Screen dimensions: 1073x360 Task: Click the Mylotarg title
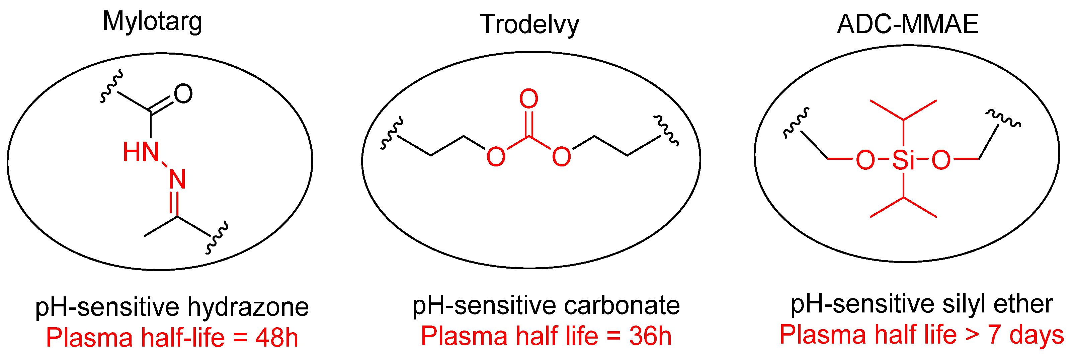153,22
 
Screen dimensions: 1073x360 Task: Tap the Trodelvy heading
529,24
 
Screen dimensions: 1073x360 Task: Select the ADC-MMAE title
908,24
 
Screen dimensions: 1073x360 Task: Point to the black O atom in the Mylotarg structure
183,94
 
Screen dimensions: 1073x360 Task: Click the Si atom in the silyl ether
903,160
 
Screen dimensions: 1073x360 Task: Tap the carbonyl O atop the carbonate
528,99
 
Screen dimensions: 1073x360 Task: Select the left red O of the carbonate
496,157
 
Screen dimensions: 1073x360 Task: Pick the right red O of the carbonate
562,157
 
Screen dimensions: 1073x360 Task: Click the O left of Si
865,160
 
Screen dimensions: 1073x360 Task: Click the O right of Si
941,160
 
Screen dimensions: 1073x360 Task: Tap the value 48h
276,338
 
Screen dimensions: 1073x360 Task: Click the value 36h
650,336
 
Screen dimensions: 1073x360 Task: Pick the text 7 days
1025,335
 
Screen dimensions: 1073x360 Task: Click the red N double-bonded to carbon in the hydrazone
177,179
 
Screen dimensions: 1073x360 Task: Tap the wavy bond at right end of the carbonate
666,130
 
